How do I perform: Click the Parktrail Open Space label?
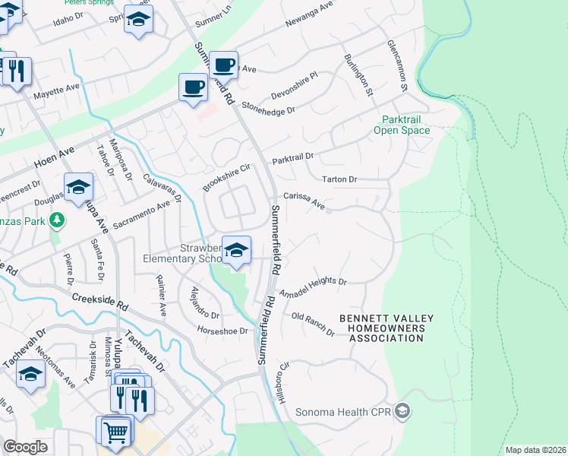(402, 125)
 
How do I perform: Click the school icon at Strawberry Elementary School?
(236, 249)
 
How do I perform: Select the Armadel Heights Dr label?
(313, 287)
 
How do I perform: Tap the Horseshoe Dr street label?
(222, 331)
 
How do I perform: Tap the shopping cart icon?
(115, 432)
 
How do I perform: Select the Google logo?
(25, 447)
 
